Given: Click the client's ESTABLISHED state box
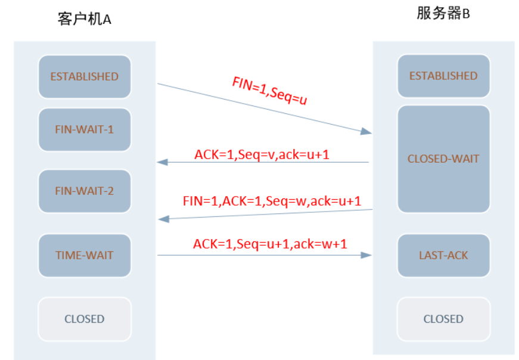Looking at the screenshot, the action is click(85, 76).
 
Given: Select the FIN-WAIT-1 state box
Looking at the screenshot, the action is click(85, 129).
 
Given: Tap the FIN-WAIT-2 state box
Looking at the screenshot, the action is click(85, 191).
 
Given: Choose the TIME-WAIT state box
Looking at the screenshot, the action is click(85, 255).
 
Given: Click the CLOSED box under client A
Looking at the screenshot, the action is click(85, 319).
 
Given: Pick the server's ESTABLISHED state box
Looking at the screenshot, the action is click(443, 76).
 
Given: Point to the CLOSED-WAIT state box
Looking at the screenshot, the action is click(443, 159).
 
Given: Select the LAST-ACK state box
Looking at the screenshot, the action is click(443, 255).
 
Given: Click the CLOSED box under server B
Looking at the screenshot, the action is click(443, 319).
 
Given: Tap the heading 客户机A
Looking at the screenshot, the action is click(85, 19).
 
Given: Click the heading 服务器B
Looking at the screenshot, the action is click(443, 14).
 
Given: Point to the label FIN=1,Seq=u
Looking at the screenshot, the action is click(269, 91).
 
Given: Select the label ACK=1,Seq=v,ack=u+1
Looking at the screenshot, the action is click(262, 154).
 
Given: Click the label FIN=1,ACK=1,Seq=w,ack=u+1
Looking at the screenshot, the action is click(272, 201).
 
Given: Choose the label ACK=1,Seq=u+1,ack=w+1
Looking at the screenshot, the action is click(270, 244).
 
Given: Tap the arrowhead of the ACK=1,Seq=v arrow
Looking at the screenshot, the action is click(161, 162).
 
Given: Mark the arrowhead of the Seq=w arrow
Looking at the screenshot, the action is click(163, 219).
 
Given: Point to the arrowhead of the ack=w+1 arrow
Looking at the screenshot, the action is click(367, 255).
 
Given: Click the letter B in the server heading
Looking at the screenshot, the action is click(466, 14).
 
